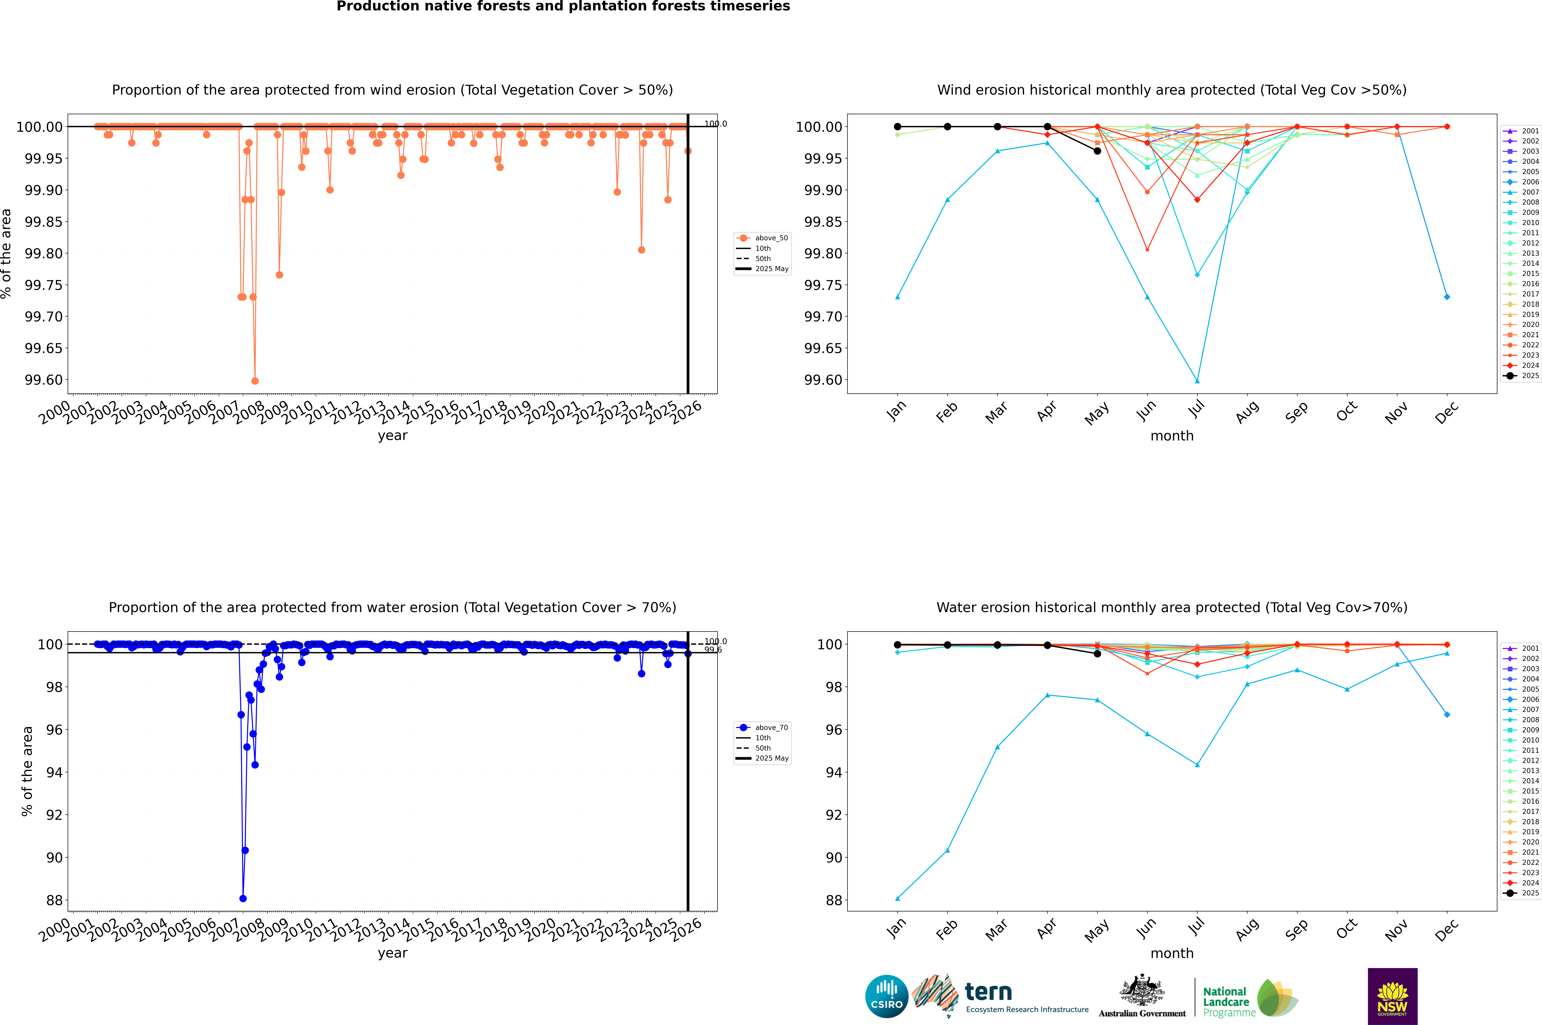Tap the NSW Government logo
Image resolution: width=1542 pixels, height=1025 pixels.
pyautogui.click(x=1392, y=996)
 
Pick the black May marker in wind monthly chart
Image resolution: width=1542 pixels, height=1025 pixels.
pyautogui.click(x=1098, y=151)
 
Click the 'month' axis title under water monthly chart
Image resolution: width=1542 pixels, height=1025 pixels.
pyautogui.click(x=1172, y=953)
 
